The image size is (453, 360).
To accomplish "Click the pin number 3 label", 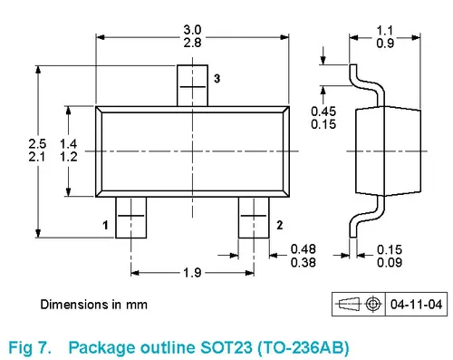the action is click(217, 79).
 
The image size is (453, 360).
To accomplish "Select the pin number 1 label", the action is click(105, 225).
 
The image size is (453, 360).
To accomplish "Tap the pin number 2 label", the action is click(280, 225).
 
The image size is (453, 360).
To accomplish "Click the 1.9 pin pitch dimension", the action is click(192, 273).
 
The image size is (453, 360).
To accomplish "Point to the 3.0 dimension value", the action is click(192, 30).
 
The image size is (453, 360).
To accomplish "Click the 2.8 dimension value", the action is click(192, 43).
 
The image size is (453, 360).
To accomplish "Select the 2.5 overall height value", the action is click(37, 143).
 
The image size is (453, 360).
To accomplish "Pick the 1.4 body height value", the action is click(69, 143).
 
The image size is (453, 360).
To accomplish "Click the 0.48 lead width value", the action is click(304, 249).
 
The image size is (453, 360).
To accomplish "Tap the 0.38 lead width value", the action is click(304, 262).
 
